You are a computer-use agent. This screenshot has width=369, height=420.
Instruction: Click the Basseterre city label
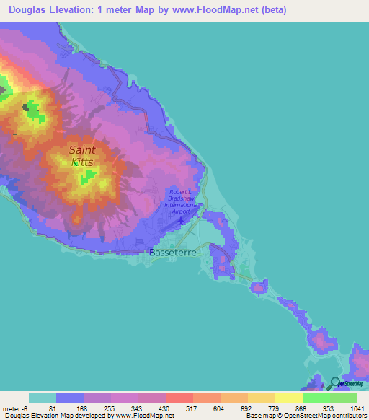tap(172, 253)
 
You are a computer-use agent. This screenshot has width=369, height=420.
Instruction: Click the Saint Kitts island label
tap(82, 156)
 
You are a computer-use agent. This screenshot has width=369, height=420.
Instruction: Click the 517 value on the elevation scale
tap(192, 408)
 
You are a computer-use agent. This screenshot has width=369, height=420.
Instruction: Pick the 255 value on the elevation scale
tap(110, 408)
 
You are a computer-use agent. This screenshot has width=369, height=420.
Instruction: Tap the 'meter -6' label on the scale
tap(15, 408)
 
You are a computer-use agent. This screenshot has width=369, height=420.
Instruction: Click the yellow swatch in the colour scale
tap(288, 398)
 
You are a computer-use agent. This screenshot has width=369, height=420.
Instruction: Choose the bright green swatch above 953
tap(316, 398)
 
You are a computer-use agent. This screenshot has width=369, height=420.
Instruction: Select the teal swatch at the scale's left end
tap(42, 398)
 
